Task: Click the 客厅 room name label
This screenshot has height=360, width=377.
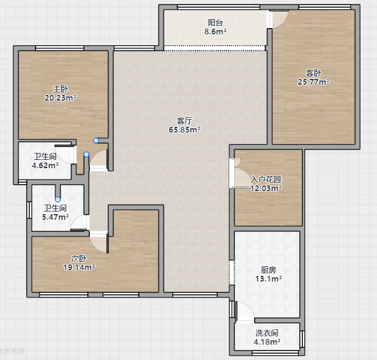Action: tap(185, 120)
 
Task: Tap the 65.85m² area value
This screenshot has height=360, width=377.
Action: tap(185, 129)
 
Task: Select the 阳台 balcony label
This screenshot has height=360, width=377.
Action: tap(215, 23)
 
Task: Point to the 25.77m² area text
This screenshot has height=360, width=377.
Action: tap(313, 82)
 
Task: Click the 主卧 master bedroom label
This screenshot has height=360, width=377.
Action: tap(60, 89)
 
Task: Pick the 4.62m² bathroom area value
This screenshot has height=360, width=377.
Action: tap(45, 165)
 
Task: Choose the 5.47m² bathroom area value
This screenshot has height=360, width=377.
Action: tap(55, 217)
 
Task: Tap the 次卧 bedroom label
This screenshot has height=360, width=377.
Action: tap(79, 258)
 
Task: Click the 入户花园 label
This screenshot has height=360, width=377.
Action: tap(266, 179)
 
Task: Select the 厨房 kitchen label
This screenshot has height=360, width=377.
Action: tap(269, 270)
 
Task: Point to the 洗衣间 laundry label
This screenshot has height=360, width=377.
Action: tap(267, 333)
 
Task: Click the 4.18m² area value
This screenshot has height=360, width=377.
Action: tap(267, 342)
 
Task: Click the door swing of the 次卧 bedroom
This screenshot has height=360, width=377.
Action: tap(99, 245)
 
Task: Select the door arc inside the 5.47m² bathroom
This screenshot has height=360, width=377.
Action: tap(78, 222)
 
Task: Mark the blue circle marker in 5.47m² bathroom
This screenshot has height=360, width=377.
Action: tap(58, 199)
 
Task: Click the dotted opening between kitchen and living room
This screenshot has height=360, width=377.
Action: tap(232, 273)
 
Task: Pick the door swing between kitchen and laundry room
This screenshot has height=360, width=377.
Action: tap(245, 311)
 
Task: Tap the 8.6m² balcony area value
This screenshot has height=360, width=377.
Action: tap(215, 31)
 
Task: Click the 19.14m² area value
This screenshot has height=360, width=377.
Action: tap(79, 267)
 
